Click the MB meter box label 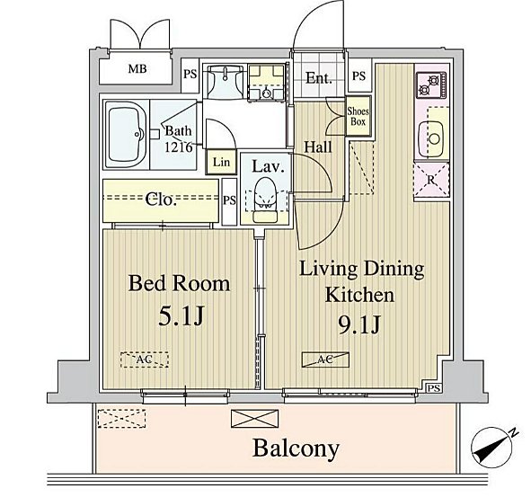click(x=137, y=69)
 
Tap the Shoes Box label click(x=358, y=116)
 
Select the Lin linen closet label click(x=221, y=162)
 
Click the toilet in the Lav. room click(x=265, y=200)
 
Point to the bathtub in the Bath click(x=126, y=134)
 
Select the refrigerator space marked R click(x=432, y=180)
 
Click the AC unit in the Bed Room click(x=145, y=359)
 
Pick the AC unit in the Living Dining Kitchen click(x=325, y=359)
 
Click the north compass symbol click(x=491, y=447)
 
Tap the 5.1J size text click(x=181, y=315)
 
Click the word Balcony click(x=296, y=448)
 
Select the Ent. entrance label click(x=319, y=78)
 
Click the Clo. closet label click(x=161, y=200)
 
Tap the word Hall click(x=318, y=147)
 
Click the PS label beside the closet click(x=229, y=200)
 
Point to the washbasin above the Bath click(x=225, y=81)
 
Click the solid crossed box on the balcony click(x=254, y=419)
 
